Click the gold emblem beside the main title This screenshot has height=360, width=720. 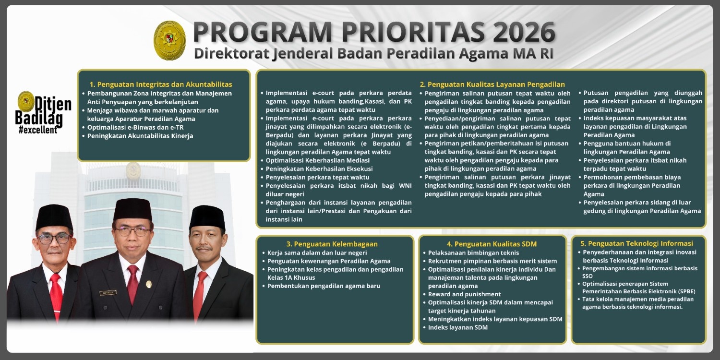point(169,41)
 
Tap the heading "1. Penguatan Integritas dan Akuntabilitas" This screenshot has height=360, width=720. point(161,84)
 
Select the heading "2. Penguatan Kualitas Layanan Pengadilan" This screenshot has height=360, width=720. point(492,84)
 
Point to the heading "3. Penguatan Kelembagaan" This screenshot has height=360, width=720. point(332,244)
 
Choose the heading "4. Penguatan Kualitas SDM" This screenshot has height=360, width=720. point(492,244)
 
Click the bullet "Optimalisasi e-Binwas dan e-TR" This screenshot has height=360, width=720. point(135,127)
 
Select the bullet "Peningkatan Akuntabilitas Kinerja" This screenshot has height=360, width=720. point(140,136)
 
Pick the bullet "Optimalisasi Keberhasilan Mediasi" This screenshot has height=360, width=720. point(317,160)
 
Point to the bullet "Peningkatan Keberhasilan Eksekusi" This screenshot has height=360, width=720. point(319,169)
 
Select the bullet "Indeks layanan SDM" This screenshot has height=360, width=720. point(457,327)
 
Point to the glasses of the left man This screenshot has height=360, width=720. point(54,238)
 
